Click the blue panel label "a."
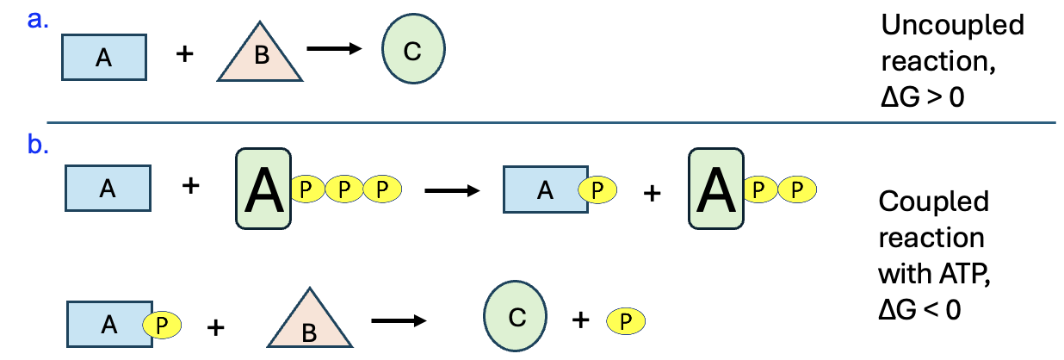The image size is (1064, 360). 37,20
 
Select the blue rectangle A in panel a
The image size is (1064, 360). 104,58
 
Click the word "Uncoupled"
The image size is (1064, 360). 953,25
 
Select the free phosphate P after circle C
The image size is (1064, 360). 626,321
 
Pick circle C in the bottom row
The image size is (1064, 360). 516,319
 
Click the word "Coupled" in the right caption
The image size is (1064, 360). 934,202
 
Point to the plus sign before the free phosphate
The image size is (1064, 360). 581,320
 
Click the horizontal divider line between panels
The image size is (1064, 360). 551,123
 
